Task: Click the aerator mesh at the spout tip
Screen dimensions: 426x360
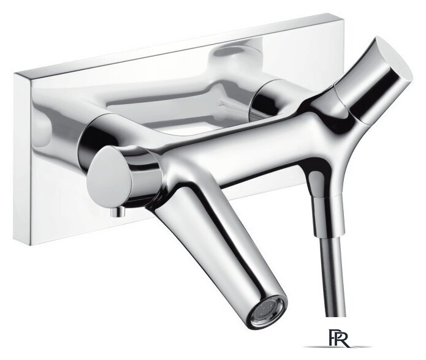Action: coord(268,310)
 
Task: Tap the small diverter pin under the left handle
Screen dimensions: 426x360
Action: coord(118,211)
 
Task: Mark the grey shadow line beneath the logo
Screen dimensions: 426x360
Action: coord(338,347)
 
